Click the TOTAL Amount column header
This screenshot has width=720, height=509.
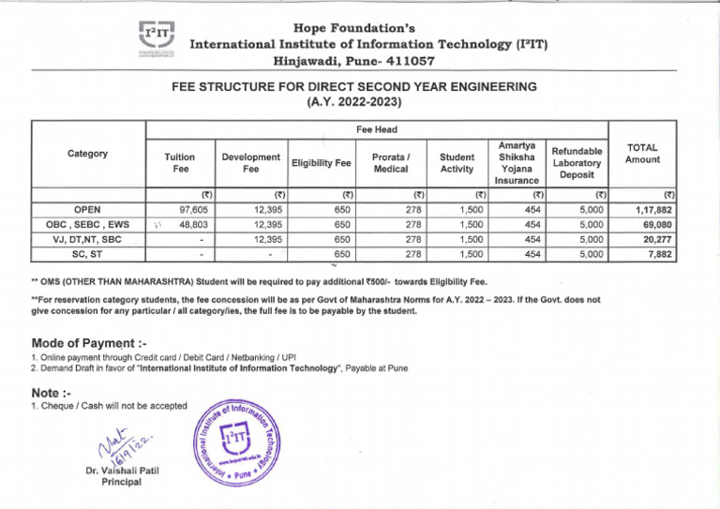(642, 154)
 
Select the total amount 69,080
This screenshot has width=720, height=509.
(655, 225)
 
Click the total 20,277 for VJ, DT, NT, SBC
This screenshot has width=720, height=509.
(655, 239)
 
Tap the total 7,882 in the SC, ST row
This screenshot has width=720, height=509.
(659, 253)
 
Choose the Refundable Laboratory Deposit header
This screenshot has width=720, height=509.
(577, 162)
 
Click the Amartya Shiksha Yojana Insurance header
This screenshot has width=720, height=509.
(517, 162)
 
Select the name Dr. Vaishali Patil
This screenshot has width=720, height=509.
(117, 471)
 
